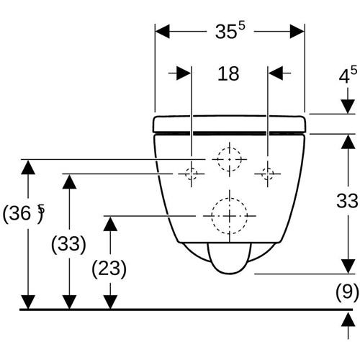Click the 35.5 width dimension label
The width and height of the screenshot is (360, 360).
[x=230, y=31]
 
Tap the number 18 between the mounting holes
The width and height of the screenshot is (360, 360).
[x=228, y=73]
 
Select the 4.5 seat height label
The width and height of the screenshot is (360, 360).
[x=348, y=75]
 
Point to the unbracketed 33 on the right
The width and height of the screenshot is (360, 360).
[x=347, y=201]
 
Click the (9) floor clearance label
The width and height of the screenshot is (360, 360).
[x=347, y=292]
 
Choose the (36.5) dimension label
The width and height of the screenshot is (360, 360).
[x=24, y=213]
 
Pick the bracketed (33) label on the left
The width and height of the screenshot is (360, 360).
[x=68, y=244]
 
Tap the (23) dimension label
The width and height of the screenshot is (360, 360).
[x=109, y=269]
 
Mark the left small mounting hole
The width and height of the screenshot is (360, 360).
[x=192, y=174]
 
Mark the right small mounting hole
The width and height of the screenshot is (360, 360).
[x=268, y=174]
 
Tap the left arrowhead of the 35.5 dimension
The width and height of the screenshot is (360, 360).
[x=163, y=31]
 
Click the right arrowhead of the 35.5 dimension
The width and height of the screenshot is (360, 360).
[x=297, y=31]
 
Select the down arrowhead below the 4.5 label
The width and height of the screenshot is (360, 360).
[x=348, y=107]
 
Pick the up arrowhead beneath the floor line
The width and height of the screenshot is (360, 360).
[x=348, y=319]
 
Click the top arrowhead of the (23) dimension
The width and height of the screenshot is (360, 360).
[x=110, y=224]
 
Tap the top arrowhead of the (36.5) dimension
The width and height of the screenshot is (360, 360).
[x=28, y=167]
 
